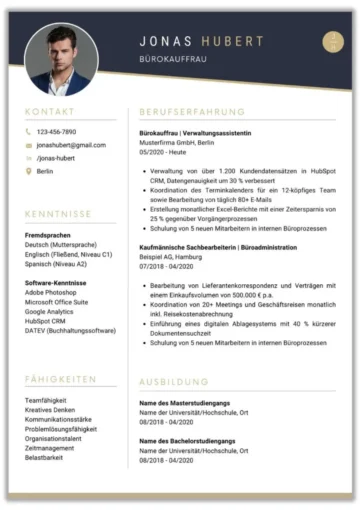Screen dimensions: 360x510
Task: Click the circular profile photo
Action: (x=61, y=59)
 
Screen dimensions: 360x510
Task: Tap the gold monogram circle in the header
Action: (x=333, y=42)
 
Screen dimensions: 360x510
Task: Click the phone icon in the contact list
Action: (x=28, y=132)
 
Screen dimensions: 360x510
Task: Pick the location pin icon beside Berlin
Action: (x=28, y=171)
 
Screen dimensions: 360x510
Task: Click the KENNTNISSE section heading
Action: (x=59, y=214)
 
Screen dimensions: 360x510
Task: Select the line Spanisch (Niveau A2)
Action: (x=56, y=264)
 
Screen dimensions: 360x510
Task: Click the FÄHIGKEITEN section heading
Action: (x=61, y=379)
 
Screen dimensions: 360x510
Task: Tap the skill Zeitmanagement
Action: (x=50, y=448)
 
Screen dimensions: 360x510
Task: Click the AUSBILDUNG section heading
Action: (x=174, y=381)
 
